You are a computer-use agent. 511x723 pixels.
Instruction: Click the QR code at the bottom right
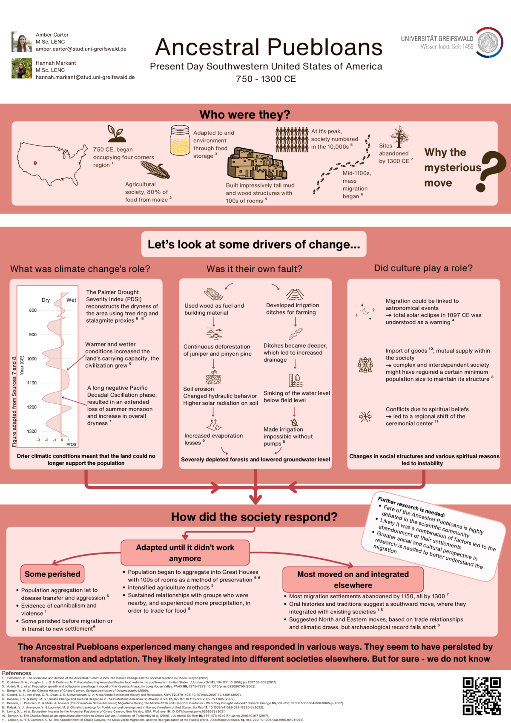482,696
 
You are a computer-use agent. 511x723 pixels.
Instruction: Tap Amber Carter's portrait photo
22,42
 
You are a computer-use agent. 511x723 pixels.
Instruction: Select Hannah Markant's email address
85,77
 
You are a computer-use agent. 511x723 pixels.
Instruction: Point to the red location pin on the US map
35,163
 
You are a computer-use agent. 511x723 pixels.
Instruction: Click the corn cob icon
155,169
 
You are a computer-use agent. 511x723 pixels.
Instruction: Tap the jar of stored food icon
180,140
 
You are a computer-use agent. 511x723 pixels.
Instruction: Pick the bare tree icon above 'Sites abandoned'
399,136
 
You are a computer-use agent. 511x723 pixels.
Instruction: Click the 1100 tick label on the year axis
32,383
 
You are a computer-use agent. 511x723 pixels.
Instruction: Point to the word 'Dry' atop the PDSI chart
46,300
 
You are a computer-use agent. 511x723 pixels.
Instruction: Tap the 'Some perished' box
52,574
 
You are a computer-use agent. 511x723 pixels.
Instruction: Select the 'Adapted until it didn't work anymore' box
185,553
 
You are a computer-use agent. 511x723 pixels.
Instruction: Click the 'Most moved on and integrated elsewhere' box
353,579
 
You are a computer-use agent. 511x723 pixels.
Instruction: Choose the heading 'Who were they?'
245,115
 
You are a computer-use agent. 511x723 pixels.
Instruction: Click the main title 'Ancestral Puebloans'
269,47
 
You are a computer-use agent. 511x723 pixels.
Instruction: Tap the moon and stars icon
365,311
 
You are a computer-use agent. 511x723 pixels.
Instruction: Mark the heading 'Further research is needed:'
411,507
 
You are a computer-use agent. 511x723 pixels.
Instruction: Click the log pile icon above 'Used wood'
213,294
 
